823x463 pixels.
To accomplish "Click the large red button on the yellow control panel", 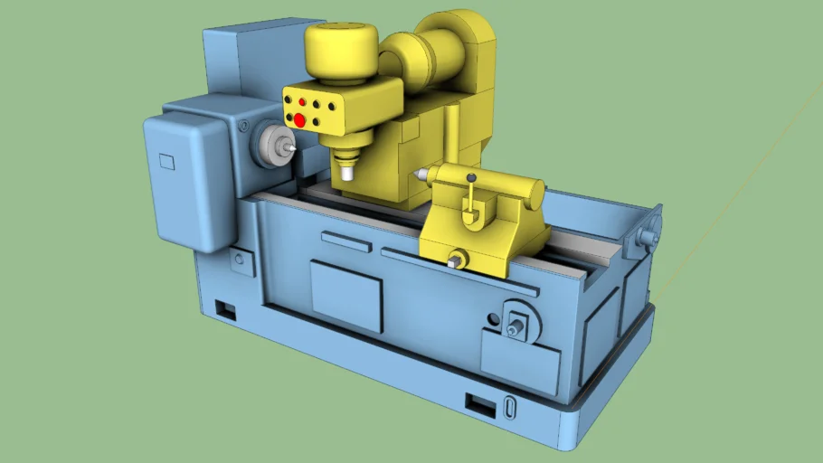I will coord(299,119).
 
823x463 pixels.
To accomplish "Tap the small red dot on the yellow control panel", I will coord(302,103).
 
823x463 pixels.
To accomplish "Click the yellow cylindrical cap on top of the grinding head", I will coord(341,53).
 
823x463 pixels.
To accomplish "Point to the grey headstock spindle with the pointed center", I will coord(271,145).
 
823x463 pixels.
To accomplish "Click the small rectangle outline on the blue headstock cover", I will coord(166,163).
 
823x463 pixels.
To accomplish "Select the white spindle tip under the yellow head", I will coord(346,169).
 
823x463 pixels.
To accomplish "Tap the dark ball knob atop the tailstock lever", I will coord(471,177).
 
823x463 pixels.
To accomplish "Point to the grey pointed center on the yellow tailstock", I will coord(421,172).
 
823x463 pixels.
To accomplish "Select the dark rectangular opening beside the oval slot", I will coord(480,404).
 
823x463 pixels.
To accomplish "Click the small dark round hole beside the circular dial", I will coord(492,319).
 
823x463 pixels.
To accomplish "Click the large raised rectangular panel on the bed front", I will coord(346,294).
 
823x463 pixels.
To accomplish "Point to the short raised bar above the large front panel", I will coord(345,241).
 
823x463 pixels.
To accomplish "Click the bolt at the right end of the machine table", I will coord(648,236).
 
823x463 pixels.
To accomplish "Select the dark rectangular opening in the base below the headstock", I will coord(225,311).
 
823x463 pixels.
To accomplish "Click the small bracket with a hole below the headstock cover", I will coord(241,260).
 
